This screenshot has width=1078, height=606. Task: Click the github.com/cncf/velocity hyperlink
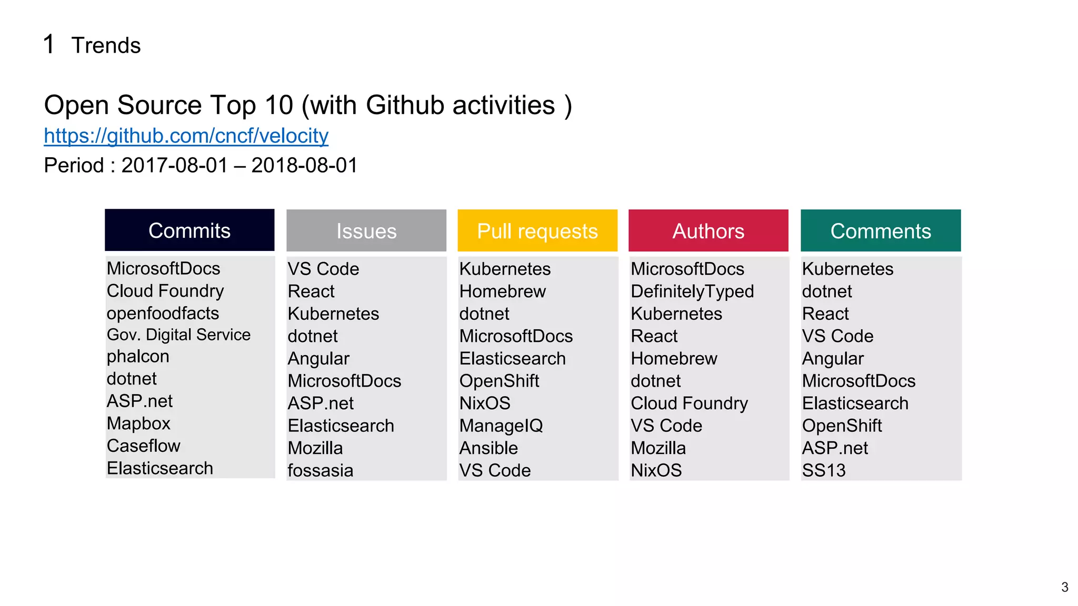pyautogui.click(x=186, y=136)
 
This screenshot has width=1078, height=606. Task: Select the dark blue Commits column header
pyautogui.click(x=189, y=230)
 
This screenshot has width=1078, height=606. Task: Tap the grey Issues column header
pyautogui.click(x=366, y=231)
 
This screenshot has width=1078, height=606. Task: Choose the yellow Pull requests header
pyautogui.click(x=537, y=231)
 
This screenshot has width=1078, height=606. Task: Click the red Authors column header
pyautogui.click(x=708, y=231)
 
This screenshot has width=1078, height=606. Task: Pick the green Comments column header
pyautogui.click(x=881, y=231)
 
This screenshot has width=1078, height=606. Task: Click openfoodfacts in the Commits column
pyautogui.click(x=163, y=314)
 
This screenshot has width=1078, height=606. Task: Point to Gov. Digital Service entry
pyautogui.click(x=178, y=335)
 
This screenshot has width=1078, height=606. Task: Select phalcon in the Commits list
pyautogui.click(x=138, y=357)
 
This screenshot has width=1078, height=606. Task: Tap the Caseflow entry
pyautogui.click(x=143, y=446)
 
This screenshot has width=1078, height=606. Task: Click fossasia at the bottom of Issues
pyautogui.click(x=320, y=470)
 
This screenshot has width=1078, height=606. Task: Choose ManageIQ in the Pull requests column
pyautogui.click(x=501, y=426)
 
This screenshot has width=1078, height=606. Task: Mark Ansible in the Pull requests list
pyautogui.click(x=488, y=448)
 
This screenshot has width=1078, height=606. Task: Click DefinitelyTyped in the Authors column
pyautogui.click(x=692, y=291)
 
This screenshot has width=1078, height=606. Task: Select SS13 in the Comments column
pyautogui.click(x=823, y=470)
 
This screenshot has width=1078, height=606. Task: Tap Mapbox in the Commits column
pyautogui.click(x=138, y=423)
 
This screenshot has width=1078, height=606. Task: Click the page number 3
pyautogui.click(x=1064, y=587)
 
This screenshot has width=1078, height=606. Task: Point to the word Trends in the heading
pyautogui.click(x=106, y=46)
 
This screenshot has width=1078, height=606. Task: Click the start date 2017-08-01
pyautogui.click(x=174, y=166)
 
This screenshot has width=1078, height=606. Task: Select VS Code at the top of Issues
pyautogui.click(x=323, y=269)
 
